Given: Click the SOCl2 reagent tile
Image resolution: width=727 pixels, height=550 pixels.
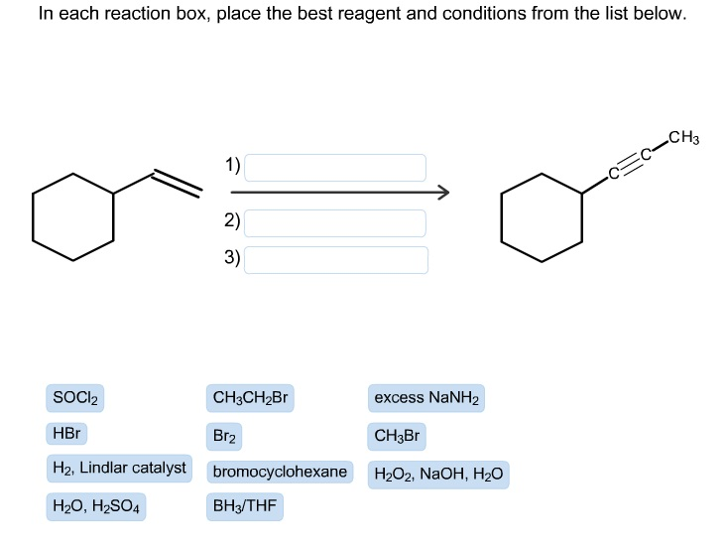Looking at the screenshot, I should pos(75,399).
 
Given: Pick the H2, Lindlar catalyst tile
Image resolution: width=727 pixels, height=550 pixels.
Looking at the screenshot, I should pos(119,469).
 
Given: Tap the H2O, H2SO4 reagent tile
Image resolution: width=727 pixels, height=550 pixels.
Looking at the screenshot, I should pos(96,507).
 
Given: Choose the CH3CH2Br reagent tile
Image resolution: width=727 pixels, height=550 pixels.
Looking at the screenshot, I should pos(250,399).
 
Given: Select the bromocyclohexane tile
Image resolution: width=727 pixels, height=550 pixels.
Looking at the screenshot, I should pos(280,472).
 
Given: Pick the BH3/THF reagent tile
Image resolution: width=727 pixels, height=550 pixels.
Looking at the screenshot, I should pos(244,507).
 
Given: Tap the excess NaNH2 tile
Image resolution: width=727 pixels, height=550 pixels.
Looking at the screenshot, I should pos(426,399).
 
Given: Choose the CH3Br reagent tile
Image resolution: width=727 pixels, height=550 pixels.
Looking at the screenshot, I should pos(398,435).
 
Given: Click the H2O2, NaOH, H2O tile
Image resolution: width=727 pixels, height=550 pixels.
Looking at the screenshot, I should pos(438,474).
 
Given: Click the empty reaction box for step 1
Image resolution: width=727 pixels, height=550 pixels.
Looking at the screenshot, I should pos(335,167).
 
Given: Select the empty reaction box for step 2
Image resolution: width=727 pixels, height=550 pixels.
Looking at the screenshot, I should pos(335,222).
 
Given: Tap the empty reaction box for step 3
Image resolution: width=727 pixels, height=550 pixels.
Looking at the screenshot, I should pos(336,259).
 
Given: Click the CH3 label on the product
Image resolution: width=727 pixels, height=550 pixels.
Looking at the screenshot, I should pos(683,137).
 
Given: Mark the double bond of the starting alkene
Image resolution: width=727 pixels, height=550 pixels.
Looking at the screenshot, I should pos(177,183).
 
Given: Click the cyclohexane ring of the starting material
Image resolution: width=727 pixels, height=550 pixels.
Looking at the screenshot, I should pos(73,216).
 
